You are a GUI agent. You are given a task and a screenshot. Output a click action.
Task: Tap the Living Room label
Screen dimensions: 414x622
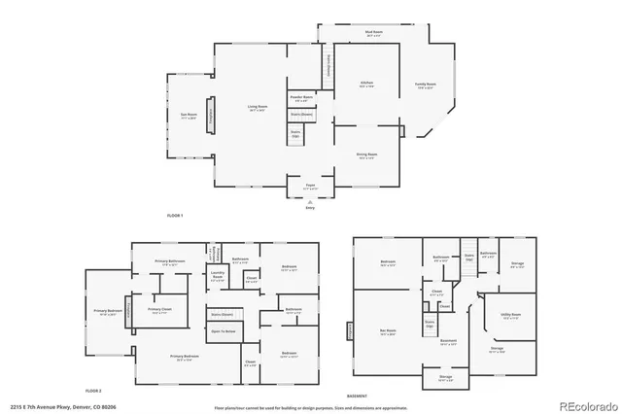point(258,110)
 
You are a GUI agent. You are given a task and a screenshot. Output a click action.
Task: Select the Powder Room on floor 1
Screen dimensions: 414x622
point(300,98)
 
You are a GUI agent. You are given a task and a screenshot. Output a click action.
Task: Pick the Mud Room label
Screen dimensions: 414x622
point(374,35)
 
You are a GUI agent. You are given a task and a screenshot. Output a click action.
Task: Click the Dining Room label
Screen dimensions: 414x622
point(365,155)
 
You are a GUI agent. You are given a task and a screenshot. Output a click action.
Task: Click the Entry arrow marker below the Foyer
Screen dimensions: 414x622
point(310,204)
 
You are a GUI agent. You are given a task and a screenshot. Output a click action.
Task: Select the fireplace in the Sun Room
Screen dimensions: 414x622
point(207,114)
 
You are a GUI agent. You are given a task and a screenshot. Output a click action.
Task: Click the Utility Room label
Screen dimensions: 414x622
point(511,316)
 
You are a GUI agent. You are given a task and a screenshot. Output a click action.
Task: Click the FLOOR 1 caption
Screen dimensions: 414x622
point(175,214)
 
